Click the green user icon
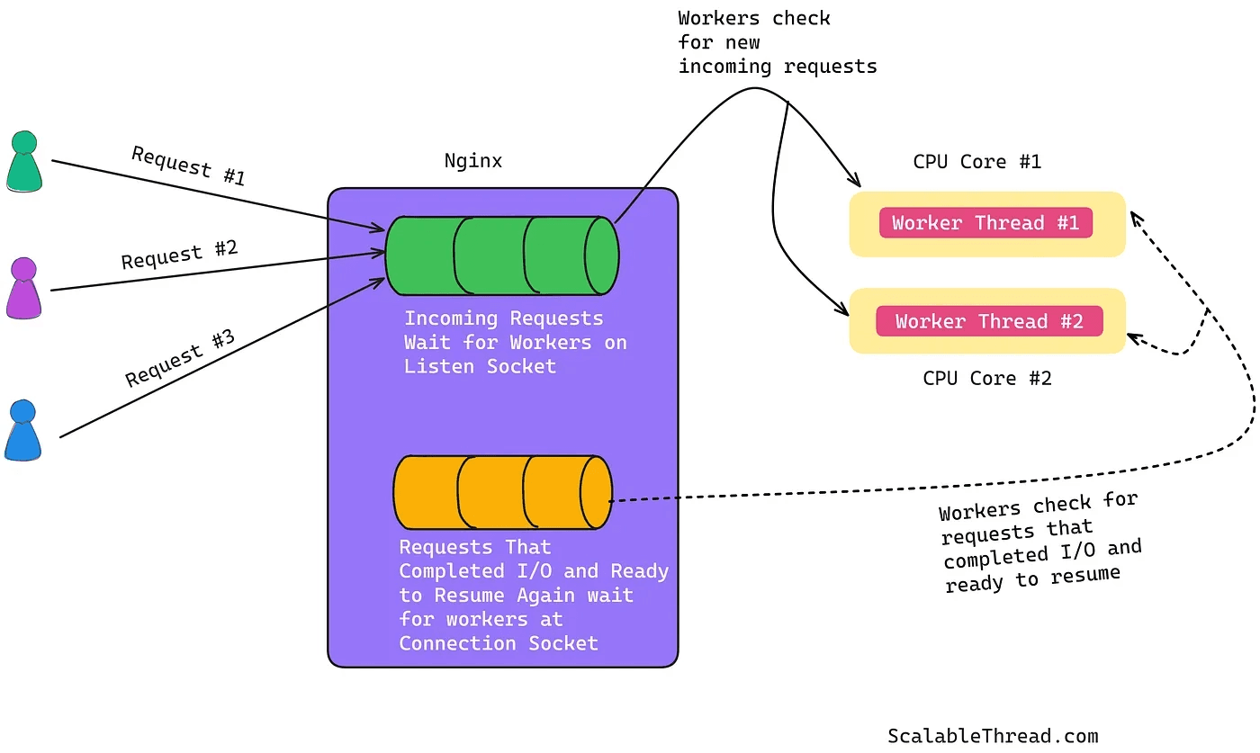point(24,163)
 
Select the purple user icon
point(24,289)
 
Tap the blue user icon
point(23,433)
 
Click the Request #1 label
point(188,166)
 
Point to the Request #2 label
point(180,254)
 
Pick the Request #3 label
point(180,358)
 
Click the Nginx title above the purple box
point(473,162)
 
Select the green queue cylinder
point(501,255)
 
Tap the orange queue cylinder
point(502,492)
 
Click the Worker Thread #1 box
point(985,223)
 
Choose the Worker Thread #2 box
point(989,321)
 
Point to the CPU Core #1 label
point(977,162)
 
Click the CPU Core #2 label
point(987,378)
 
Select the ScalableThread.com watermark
point(993,736)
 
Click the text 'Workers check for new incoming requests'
point(777,42)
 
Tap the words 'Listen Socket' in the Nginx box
point(480,366)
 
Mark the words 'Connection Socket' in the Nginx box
point(499,643)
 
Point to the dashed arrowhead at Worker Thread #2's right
point(1133,338)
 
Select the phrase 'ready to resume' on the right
point(1032,578)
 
